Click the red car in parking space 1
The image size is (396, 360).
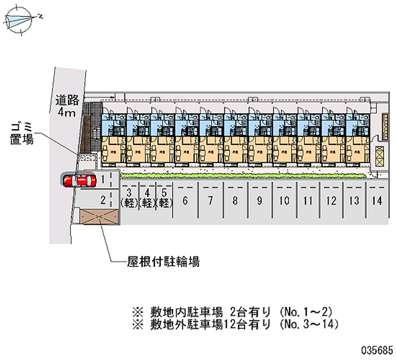(79, 180)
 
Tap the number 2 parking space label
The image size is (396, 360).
(102, 200)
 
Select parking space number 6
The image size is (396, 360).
(185, 201)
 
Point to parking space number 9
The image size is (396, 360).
(259, 201)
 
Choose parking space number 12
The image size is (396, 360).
(331, 201)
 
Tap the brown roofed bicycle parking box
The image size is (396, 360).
(99, 217)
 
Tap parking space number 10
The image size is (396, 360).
(284, 201)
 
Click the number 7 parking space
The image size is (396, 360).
(210, 201)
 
